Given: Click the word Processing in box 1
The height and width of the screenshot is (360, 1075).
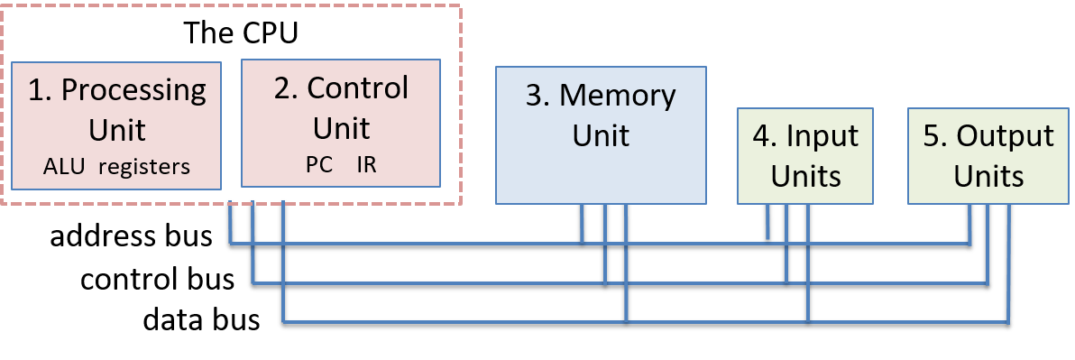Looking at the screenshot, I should (134, 91).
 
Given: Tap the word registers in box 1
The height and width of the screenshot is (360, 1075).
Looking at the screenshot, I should (143, 167).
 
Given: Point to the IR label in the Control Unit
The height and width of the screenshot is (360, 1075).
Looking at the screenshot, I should (368, 165).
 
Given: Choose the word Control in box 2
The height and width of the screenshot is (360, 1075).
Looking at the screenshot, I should (357, 88).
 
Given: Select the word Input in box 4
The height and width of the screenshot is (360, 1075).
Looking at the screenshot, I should (822, 137).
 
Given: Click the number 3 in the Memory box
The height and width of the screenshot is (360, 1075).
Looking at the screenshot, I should (536, 97).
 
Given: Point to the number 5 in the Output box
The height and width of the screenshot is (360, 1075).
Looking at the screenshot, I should (933, 137).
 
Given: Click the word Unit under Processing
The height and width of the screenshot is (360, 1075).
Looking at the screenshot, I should (117, 129).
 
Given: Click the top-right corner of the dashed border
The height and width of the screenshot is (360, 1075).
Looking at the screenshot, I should (461, 5).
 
